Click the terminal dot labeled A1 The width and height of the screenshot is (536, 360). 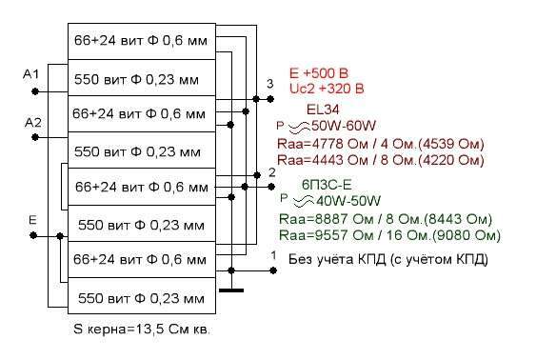coord(35,91)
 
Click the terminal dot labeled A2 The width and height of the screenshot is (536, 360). coord(35,137)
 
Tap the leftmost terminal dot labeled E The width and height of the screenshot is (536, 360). coord(33,235)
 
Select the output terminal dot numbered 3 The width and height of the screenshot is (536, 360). coord(270,99)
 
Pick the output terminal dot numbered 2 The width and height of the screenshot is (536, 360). coord(271,187)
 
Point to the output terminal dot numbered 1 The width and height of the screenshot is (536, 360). coord(273,270)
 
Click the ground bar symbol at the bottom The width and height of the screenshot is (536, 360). coord(231,290)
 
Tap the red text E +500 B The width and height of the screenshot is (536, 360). coord(319,73)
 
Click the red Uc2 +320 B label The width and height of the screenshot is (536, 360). coord(327,89)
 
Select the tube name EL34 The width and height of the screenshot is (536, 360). coord(323,110)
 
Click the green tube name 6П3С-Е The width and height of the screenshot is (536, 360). coord(327,185)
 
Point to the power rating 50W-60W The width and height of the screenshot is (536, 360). coord(343,126)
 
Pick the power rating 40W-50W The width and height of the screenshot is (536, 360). coord(348,201)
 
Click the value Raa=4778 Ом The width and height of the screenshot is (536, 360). coord(323,144)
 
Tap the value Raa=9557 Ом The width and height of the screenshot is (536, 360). coord(327,235)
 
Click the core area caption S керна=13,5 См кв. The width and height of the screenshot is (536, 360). coord(142,330)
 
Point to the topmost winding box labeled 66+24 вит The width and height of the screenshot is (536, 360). coord(142,41)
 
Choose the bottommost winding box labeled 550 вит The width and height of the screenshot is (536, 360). coord(142,296)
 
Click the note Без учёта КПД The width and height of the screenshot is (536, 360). coord(338,259)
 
